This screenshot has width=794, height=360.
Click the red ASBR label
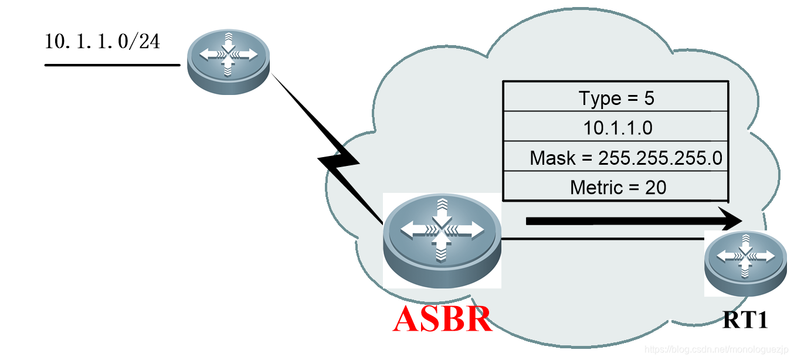coord(443,318)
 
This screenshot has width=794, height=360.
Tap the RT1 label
coord(745,321)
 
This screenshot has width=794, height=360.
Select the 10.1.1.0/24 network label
coord(103,42)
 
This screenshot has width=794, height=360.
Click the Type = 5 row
coord(616,98)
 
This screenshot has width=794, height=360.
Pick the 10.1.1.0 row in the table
coord(616,128)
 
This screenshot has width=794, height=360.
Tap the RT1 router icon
coord(745,261)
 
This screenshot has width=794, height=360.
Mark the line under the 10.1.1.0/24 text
coord(112,64)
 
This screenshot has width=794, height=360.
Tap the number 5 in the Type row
coord(649,98)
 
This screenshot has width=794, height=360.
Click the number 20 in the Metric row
coord(656,188)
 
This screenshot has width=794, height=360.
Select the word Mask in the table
coord(552,158)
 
